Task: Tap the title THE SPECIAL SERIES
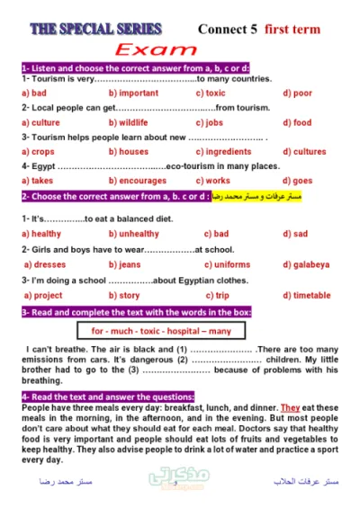[96, 29]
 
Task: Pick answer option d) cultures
[304, 152]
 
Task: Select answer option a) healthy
[40, 234]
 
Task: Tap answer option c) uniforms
[228, 264]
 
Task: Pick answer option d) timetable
[307, 295]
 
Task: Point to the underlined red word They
[289, 407]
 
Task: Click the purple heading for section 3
[136, 311]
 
